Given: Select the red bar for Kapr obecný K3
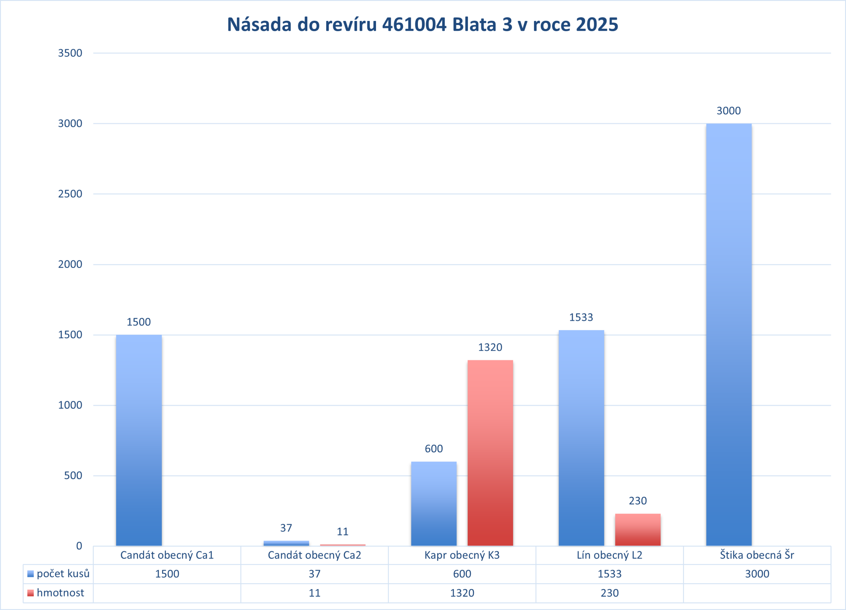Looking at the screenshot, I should (490, 453).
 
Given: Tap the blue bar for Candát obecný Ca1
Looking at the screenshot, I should (139, 440).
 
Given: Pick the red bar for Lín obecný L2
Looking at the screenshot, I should (638, 529).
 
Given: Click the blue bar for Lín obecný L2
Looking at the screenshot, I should (581, 438).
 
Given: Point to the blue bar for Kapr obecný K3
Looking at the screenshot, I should (433, 503).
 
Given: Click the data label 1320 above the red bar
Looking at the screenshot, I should (490, 347).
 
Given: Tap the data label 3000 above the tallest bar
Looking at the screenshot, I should (729, 111).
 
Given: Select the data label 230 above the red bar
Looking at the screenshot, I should (638, 501).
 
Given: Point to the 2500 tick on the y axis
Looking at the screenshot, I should (70, 194).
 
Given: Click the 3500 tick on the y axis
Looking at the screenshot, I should (70, 53).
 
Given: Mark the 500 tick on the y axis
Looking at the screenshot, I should (73, 475).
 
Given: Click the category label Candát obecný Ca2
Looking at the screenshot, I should (314, 555).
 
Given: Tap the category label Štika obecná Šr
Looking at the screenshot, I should (757, 555).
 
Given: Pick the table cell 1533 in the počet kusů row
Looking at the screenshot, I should (609, 574).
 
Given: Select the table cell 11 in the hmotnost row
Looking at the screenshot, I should (314, 593).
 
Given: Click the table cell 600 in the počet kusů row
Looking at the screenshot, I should (462, 574).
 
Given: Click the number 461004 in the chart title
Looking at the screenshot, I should (414, 25).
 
